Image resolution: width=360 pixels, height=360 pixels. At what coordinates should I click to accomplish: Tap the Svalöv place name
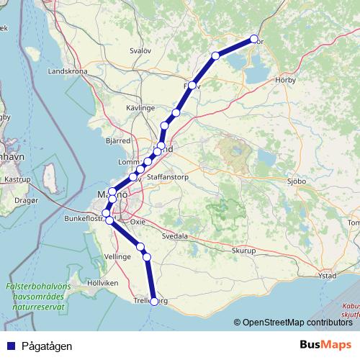click(x=140, y=51)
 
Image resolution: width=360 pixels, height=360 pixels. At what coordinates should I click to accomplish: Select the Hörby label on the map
click(x=286, y=81)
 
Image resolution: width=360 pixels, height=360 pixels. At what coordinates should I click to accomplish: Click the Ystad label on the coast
click(x=327, y=276)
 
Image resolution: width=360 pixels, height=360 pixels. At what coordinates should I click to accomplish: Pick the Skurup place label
click(x=244, y=251)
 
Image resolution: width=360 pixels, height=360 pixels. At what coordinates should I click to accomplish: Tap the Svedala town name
click(x=174, y=235)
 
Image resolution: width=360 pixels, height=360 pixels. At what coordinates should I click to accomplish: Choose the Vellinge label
click(x=117, y=256)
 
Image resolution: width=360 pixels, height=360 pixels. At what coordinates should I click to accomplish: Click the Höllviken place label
click(x=102, y=283)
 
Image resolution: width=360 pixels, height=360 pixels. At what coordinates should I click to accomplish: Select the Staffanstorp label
click(x=167, y=176)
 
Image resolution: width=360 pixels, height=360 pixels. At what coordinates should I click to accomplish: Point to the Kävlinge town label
click(x=141, y=107)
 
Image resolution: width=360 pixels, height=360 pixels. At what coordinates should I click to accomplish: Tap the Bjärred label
click(x=118, y=140)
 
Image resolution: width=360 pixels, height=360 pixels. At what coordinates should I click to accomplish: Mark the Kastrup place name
click(x=16, y=178)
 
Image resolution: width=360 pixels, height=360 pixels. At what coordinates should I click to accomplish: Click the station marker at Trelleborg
click(x=153, y=302)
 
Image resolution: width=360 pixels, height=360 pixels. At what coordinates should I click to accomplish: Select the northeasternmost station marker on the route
click(x=253, y=39)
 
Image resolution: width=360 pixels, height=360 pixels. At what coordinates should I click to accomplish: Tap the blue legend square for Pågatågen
click(x=10, y=346)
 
